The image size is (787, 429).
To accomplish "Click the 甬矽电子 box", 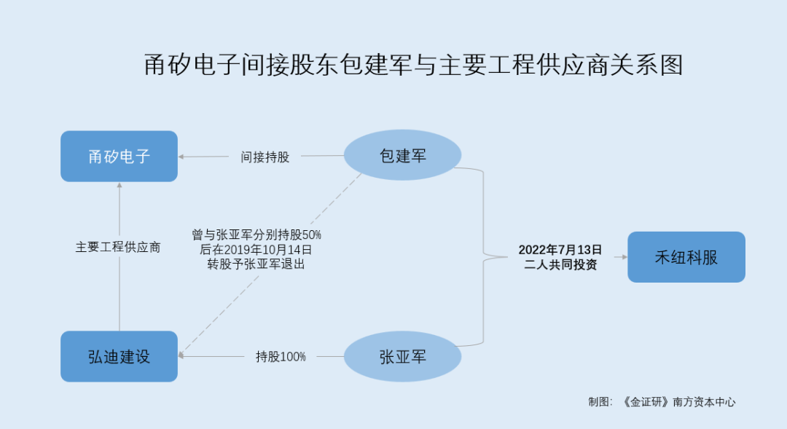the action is pos(119,156).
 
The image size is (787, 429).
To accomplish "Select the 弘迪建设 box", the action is pos(119,356).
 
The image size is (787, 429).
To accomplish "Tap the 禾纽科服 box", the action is pos(686,257).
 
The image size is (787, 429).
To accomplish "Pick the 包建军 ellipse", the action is pos(402,155).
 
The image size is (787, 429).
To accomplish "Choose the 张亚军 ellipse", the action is pos(402,356).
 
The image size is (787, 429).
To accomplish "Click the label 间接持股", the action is pos(265,157).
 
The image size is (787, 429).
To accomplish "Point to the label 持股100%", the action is pos(281,357).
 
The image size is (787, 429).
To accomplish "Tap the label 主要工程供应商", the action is pos(118,247).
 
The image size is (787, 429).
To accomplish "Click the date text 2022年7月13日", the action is pos(560,250).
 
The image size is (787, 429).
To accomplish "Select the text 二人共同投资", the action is pos(560,264).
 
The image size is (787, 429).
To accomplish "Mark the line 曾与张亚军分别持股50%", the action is pos(257,235).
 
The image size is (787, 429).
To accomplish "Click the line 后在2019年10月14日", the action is pos(256,249).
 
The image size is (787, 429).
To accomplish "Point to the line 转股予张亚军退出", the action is pos(256,264).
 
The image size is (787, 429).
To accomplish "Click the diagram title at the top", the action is pos(414,65).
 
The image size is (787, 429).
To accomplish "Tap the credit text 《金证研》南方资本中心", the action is pos(678,402).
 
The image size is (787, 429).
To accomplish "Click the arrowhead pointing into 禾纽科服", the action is pos(624,257).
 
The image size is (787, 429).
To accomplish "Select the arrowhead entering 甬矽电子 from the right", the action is pos(181,157).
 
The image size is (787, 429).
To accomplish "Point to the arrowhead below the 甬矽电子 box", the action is pos(120,185).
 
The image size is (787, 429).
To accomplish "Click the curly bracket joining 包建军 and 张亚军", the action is pos(483,257).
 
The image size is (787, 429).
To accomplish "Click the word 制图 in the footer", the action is pos(598,402).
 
